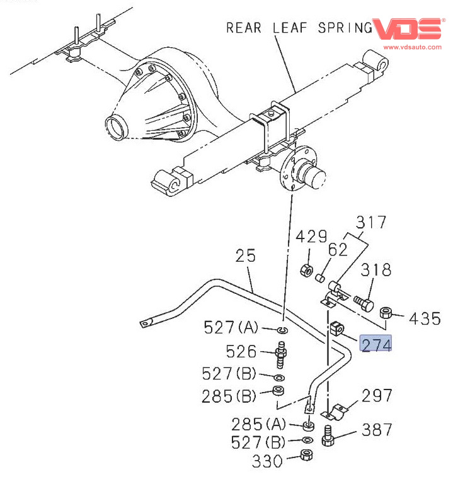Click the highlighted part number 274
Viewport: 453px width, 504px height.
pyautogui.click(x=376, y=344)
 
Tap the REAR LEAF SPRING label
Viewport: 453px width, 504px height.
pyautogui.click(x=299, y=28)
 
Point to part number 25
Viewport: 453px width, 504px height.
pyautogui.click(x=247, y=256)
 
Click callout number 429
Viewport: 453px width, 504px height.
pyautogui.click(x=312, y=237)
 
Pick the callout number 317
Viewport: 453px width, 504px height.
pyautogui.click(x=370, y=222)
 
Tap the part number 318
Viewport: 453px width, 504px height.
pyautogui.click(x=376, y=270)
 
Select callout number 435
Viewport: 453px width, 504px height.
pyautogui.click(x=425, y=318)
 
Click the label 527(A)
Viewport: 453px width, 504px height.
pyautogui.click(x=231, y=327)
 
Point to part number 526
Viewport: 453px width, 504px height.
pyautogui.click(x=242, y=351)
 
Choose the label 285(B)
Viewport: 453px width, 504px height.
pyautogui.click(x=229, y=396)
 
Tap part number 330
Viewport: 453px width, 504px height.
pyautogui.click(x=268, y=461)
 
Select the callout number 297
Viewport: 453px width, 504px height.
pyautogui.click(x=377, y=396)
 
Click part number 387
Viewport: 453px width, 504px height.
pyautogui.click(x=376, y=430)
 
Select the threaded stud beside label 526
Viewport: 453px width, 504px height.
pyautogui.click(x=282, y=356)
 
